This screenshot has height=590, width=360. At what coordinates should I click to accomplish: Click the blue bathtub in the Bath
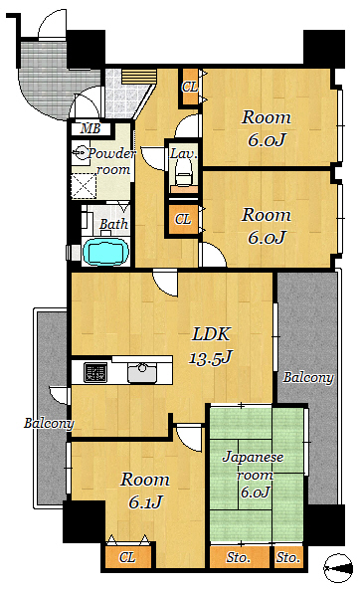(x=105, y=251)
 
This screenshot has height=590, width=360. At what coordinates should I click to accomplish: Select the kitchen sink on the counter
(x=142, y=372)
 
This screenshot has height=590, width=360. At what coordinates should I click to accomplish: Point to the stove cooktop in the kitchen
(x=95, y=372)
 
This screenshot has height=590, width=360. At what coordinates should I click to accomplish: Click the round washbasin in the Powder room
(x=81, y=152)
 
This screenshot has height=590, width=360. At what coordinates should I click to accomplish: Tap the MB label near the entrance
(x=90, y=128)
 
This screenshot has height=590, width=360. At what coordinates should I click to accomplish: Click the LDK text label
(x=211, y=334)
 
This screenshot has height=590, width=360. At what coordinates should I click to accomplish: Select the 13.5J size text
(x=210, y=357)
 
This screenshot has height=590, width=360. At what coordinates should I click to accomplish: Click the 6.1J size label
(x=145, y=502)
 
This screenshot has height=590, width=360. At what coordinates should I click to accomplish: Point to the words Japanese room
(x=253, y=467)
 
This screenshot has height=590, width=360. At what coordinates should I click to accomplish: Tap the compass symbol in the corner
(x=338, y=568)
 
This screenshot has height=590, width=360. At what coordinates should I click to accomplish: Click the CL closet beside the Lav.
(x=183, y=219)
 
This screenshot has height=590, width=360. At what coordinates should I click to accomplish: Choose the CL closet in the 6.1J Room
(x=127, y=557)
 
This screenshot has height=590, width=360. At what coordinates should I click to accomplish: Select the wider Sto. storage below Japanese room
(x=240, y=557)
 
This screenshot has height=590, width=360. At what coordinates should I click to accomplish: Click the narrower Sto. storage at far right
(x=288, y=557)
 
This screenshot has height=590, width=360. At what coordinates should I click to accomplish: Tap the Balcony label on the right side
(x=308, y=377)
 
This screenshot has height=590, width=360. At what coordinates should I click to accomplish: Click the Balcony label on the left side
(x=49, y=423)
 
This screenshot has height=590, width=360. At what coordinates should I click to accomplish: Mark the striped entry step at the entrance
(x=139, y=77)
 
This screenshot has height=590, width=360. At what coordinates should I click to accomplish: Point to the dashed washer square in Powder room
(x=84, y=186)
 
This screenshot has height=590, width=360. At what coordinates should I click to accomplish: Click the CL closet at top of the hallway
(x=190, y=87)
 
